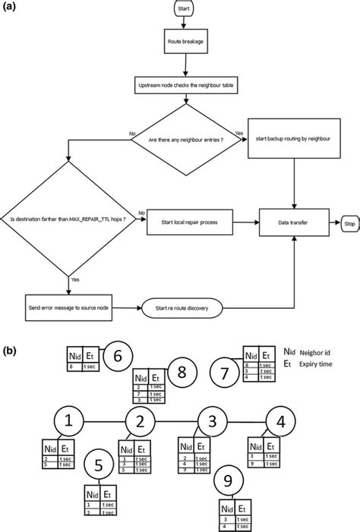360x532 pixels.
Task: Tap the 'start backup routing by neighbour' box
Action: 293,139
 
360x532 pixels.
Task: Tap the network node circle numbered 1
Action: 69,420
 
